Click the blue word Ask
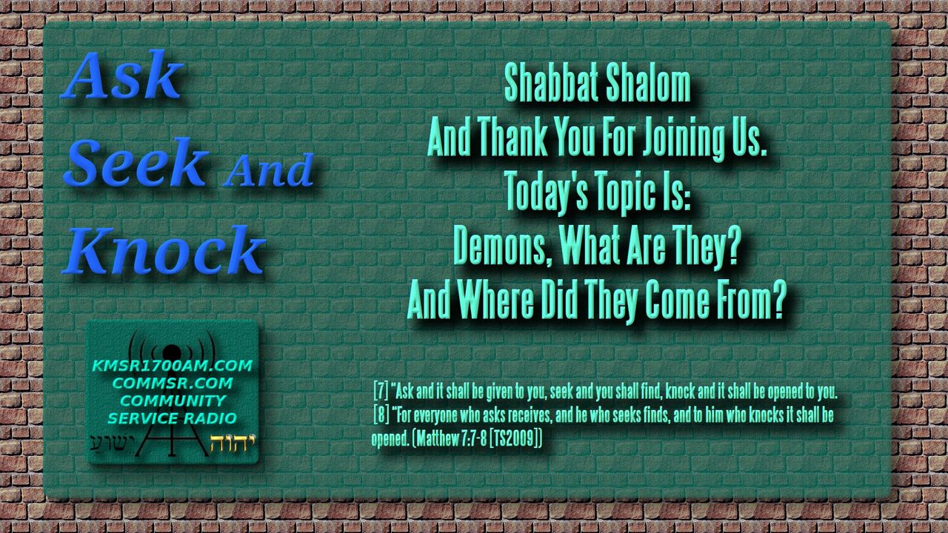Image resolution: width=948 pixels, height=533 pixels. (x=123, y=75)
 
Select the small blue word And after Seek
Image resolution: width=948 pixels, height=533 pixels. (x=268, y=170)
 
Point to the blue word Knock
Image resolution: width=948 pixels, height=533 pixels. (x=164, y=249)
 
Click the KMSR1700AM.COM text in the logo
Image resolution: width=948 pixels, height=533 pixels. (x=173, y=366)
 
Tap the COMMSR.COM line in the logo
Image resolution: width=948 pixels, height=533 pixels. (x=173, y=383)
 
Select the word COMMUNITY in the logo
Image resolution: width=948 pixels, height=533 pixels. (x=173, y=400)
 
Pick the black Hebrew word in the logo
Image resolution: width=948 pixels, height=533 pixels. (x=112, y=444)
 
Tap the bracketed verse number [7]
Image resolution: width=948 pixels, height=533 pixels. (x=381, y=391)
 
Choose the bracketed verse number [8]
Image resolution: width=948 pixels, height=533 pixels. (x=381, y=415)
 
